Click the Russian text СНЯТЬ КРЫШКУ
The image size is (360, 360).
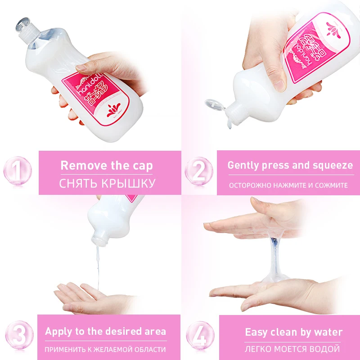click(x=108, y=183)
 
